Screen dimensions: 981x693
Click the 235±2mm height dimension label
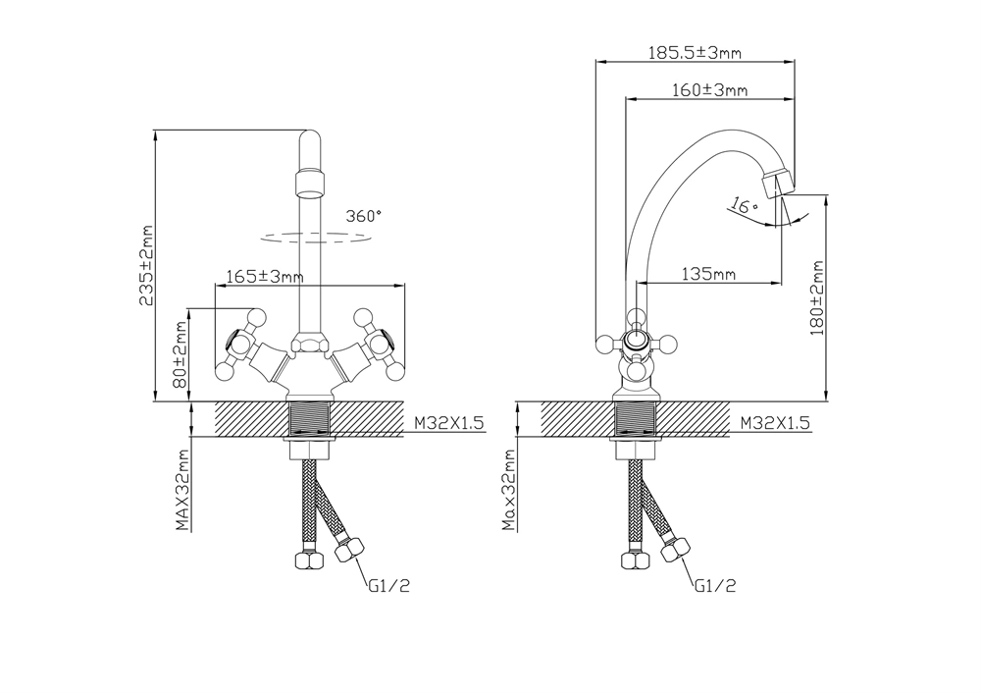click(x=146, y=266)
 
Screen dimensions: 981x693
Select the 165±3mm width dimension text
click(x=265, y=276)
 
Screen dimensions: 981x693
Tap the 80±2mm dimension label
click(x=181, y=354)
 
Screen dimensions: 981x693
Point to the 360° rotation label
click(x=364, y=216)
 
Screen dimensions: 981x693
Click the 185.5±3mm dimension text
click(x=695, y=53)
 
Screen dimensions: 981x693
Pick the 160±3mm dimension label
click(x=709, y=90)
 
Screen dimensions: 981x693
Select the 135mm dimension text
click(x=708, y=274)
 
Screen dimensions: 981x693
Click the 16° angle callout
click(x=745, y=205)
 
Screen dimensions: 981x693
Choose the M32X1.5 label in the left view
click(x=449, y=423)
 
